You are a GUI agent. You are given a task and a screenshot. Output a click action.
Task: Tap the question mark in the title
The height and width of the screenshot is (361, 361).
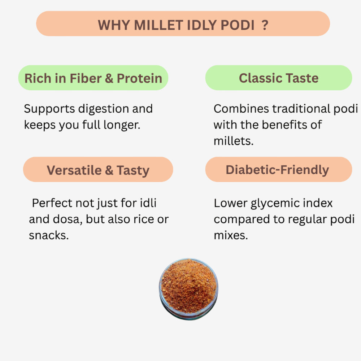pyautogui.click(x=265, y=25)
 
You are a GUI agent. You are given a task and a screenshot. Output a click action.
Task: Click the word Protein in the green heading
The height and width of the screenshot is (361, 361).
pyautogui.click(x=139, y=78)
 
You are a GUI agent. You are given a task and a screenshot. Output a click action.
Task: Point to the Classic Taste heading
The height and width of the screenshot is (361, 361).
pyautogui.click(x=278, y=78)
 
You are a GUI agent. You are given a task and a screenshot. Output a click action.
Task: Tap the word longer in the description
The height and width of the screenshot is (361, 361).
pyautogui.click(x=122, y=125)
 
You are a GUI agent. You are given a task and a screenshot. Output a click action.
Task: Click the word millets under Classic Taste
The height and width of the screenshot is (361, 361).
pyautogui.click(x=234, y=141)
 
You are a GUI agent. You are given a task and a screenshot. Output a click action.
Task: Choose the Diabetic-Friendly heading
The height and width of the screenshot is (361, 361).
pyautogui.click(x=277, y=170)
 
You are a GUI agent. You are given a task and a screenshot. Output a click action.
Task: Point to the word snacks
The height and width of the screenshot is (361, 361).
pyautogui.click(x=49, y=235)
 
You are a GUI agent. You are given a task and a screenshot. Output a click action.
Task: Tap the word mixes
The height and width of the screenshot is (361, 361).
pyautogui.click(x=231, y=235)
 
